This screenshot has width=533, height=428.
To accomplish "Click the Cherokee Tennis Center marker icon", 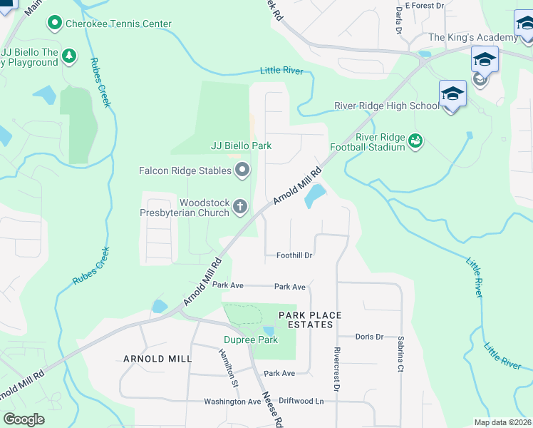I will (54, 24).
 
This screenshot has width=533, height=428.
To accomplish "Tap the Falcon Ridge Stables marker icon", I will (242, 170).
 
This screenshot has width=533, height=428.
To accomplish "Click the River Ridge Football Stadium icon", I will (415, 142).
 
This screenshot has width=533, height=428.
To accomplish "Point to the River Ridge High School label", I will (387, 106).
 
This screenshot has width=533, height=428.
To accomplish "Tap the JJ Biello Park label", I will (242, 146).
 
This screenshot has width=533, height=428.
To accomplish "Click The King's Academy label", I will (472, 38).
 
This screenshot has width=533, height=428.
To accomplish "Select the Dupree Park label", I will (240, 340).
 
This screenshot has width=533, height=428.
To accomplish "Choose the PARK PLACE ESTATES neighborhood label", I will (310, 320).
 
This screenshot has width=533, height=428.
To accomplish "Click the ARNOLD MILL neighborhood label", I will (157, 359).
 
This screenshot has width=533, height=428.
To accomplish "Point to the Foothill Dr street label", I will (295, 255).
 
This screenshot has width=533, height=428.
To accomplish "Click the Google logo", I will (24, 419).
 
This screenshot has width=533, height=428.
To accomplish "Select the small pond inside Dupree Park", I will (268, 330).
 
